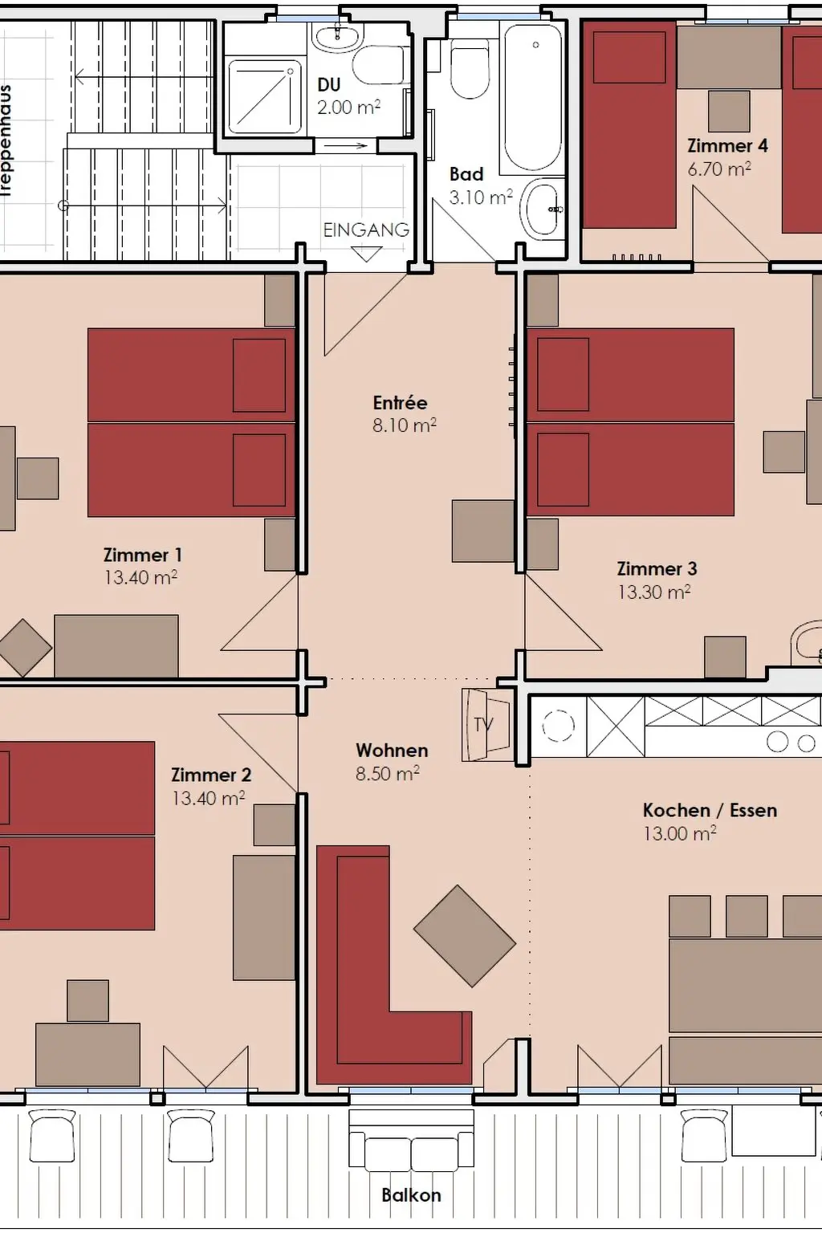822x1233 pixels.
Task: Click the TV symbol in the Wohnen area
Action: (486, 725)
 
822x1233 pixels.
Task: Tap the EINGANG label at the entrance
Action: (366, 230)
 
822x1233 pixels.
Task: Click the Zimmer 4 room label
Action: (727, 146)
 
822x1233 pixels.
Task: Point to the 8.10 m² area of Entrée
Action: (405, 425)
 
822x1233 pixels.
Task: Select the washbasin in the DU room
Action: (337, 36)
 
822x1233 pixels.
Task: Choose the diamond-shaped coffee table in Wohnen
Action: (465, 936)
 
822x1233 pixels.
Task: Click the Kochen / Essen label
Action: (710, 810)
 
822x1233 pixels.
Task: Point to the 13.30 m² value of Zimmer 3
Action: (654, 592)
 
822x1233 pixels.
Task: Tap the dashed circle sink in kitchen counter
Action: (558, 726)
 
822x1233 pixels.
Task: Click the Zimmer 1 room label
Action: (143, 555)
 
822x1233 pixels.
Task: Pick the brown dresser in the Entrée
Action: (483, 531)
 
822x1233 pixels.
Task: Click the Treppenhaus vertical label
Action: (6, 141)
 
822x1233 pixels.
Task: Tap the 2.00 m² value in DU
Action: (348, 108)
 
